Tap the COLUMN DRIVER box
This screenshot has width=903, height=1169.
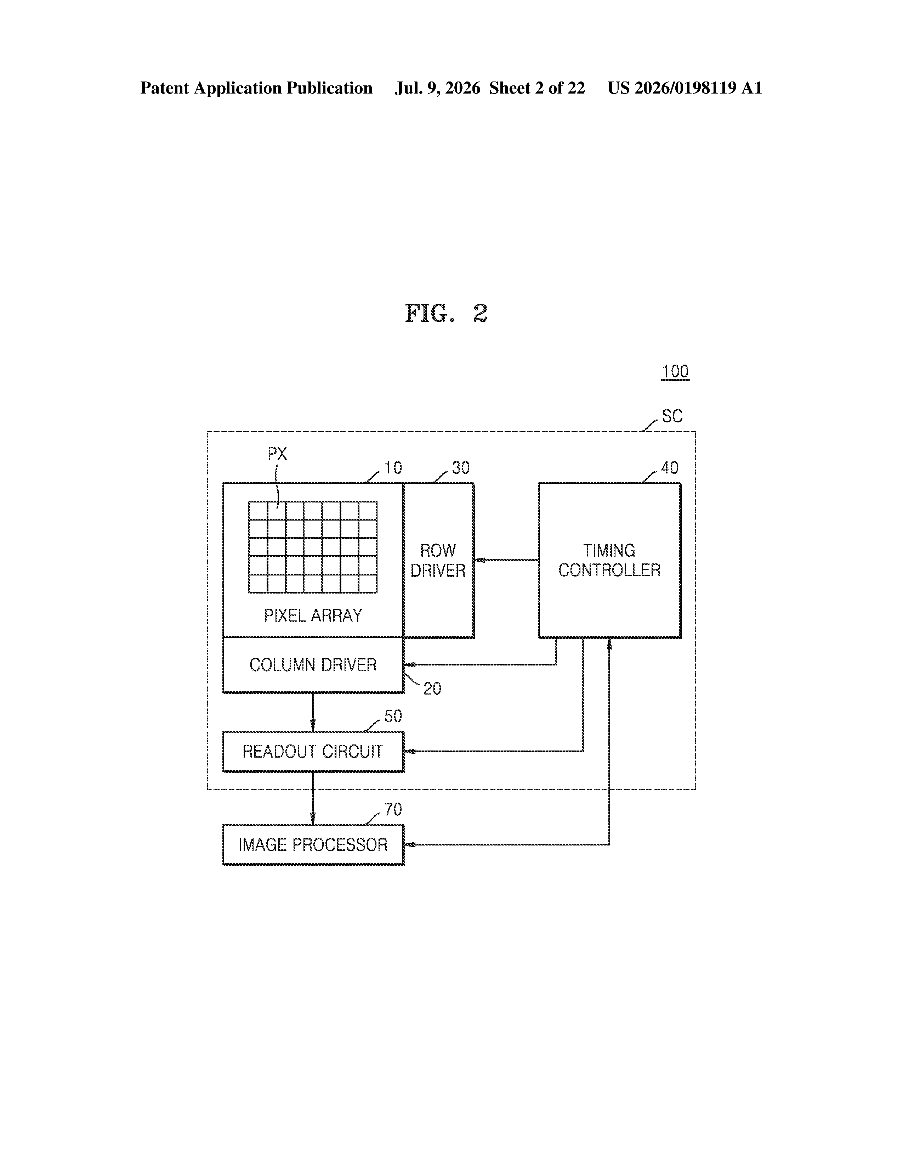click(x=313, y=665)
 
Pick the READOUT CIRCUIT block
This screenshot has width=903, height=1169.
click(x=313, y=752)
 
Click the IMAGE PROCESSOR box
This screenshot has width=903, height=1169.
click(x=313, y=845)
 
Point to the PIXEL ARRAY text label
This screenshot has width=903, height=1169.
click(x=313, y=616)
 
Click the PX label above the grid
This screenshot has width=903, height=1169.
click(x=277, y=454)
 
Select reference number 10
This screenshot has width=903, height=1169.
click(x=393, y=468)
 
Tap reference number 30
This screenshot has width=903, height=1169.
click(x=461, y=468)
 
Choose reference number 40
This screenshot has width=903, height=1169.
click(x=670, y=468)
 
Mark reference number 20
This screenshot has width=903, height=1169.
click(x=432, y=689)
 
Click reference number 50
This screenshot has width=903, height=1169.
click(x=393, y=716)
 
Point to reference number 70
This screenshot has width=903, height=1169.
click(x=393, y=809)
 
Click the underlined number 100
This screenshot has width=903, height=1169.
click(x=675, y=371)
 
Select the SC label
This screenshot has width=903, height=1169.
click(x=672, y=416)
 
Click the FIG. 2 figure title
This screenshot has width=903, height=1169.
click(x=447, y=313)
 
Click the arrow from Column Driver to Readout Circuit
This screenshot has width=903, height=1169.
click(x=313, y=713)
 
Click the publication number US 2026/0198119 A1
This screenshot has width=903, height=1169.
click(x=685, y=88)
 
